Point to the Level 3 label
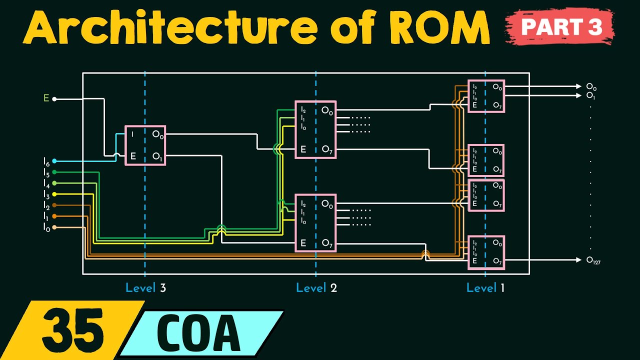click(x=145, y=288)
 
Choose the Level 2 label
click(x=316, y=288)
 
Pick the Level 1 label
click(x=485, y=288)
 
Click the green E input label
click(x=46, y=98)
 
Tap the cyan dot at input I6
click(x=54, y=161)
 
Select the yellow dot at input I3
click(x=54, y=194)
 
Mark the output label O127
click(x=593, y=260)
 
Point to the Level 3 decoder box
click(x=145, y=145)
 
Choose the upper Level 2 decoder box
click(x=315, y=130)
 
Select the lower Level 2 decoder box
click(x=315, y=223)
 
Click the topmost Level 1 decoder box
click(x=485, y=96)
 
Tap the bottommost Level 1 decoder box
click(x=486, y=252)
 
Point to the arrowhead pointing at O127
click(x=579, y=260)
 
